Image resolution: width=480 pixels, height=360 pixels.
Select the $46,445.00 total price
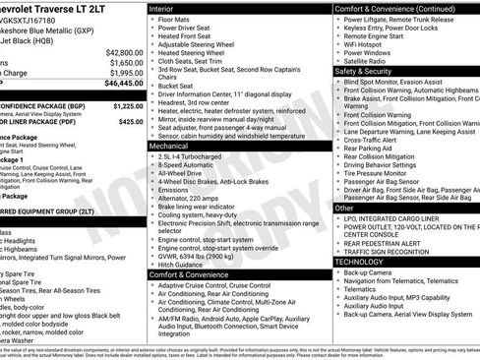122,84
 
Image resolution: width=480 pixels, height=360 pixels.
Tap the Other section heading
344,208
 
